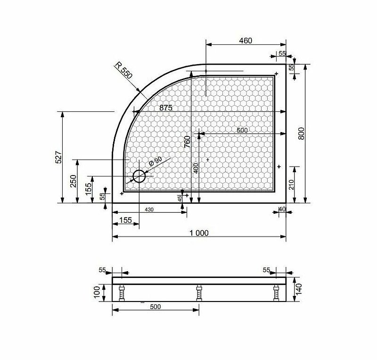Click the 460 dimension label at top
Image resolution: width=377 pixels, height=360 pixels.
[x=246, y=41]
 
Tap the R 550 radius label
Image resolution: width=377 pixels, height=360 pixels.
[x=123, y=71]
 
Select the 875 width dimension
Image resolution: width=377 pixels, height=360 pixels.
[x=166, y=108]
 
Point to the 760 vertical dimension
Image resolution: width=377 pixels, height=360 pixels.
[x=187, y=142]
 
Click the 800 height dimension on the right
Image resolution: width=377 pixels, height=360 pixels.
[x=301, y=134]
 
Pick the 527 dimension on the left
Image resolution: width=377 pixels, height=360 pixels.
[x=58, y=157]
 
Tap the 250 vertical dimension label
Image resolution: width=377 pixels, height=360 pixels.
[x=73, y=181]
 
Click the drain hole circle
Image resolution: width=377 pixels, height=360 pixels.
[x=139, y=176]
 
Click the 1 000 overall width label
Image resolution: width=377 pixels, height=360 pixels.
[x=199, y=233]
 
